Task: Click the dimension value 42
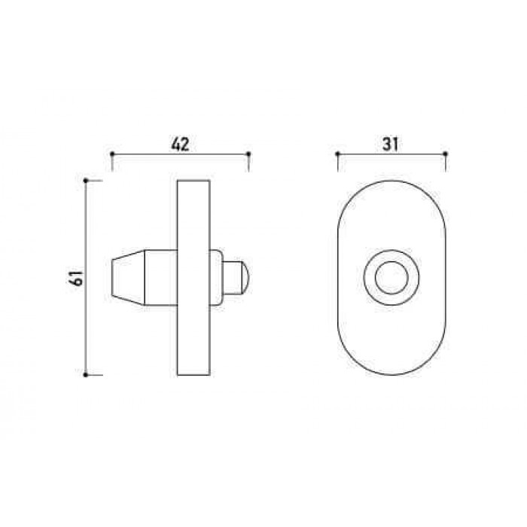click(181, 145)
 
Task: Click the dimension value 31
click(390, 145)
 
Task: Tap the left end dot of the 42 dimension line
click(112, 154)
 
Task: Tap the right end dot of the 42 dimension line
click(248, 154)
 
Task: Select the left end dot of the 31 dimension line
click(338, 154)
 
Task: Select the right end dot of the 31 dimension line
click(446, 154)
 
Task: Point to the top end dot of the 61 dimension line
click(85, 181)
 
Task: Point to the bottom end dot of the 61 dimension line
click(85, 375)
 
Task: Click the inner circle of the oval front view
click(392, 261)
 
